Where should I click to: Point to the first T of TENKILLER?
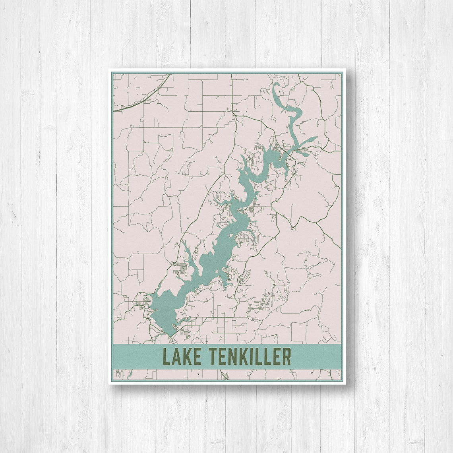pyautogui.click(x=207, y=356)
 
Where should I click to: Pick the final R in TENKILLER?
pyautogui.click(x=287, y=356)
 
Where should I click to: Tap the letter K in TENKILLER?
pyautogui.click(x=240, y=356)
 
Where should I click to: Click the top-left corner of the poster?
pyautogui.click(x=108, y=69)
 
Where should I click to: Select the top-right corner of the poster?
pyautogui.click(x=345, y=69)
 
